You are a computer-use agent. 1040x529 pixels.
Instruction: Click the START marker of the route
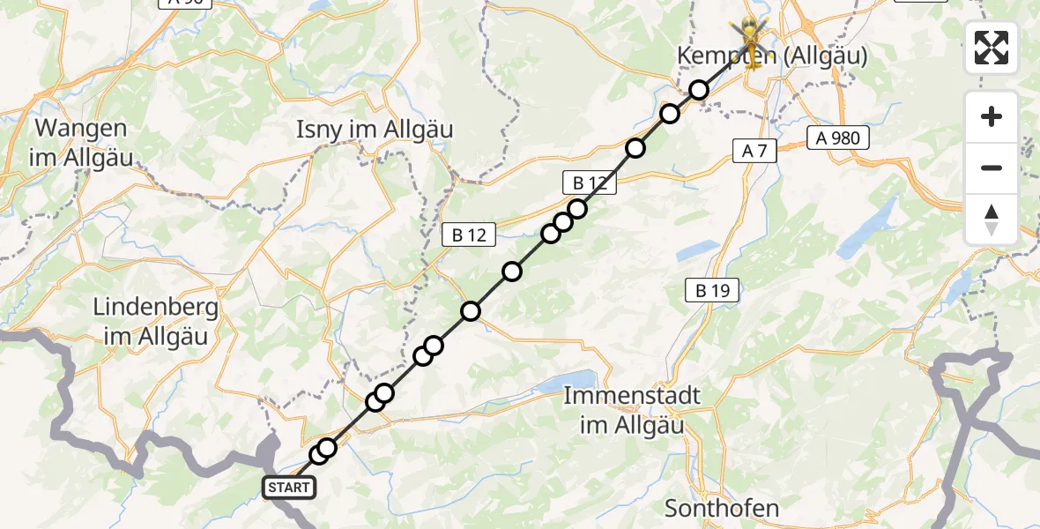point(287,487)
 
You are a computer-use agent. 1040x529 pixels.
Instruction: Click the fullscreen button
point(992,48)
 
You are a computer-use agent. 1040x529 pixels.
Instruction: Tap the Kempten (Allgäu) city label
point(772,57)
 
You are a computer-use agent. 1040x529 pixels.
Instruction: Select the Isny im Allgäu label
point(375,130)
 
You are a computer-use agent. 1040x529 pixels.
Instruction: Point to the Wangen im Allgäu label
point(81,143)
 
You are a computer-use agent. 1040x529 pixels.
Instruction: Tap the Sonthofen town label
point(722,508)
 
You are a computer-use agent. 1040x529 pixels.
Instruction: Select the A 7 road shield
point(754,152)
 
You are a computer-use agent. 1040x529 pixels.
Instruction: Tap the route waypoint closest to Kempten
point(699,90)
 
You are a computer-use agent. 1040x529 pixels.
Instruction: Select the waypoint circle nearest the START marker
point(319,455)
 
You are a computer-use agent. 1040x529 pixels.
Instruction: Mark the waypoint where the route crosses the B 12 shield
point(577,209)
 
